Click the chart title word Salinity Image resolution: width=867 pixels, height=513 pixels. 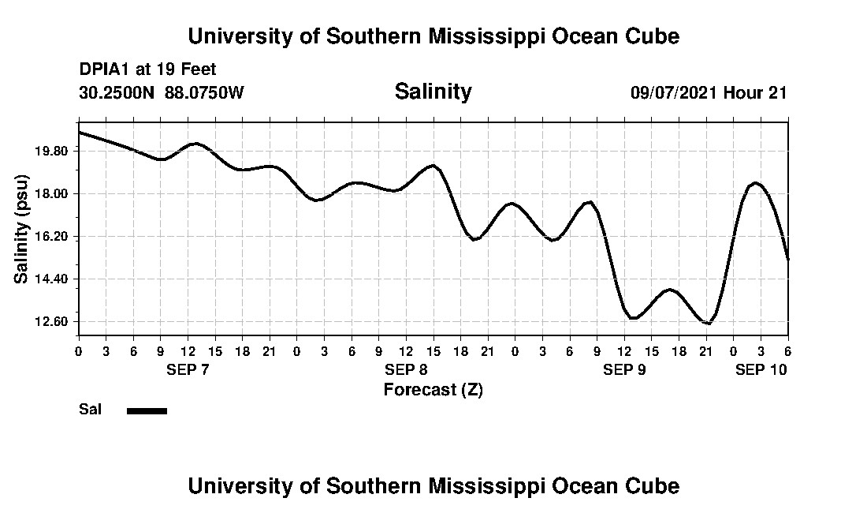(x=433, y=92)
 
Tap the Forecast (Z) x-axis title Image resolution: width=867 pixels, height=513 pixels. (x=433, y=389)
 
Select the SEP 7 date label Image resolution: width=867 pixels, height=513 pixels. (x=188, y=369)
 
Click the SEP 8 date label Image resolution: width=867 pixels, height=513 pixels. (x=406, y=369)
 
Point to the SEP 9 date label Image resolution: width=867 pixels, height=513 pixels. (x=624, y=369)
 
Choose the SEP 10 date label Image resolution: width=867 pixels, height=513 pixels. (x=761, y=369)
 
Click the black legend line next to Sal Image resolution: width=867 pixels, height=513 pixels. (x=147, y=410)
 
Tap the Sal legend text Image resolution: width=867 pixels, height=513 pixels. (x=89, y=410)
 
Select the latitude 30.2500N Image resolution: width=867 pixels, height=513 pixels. (x=118, y=92)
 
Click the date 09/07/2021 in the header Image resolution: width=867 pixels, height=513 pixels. (x=673, y=92)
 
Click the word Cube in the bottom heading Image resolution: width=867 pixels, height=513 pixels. (x=657, y=485)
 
